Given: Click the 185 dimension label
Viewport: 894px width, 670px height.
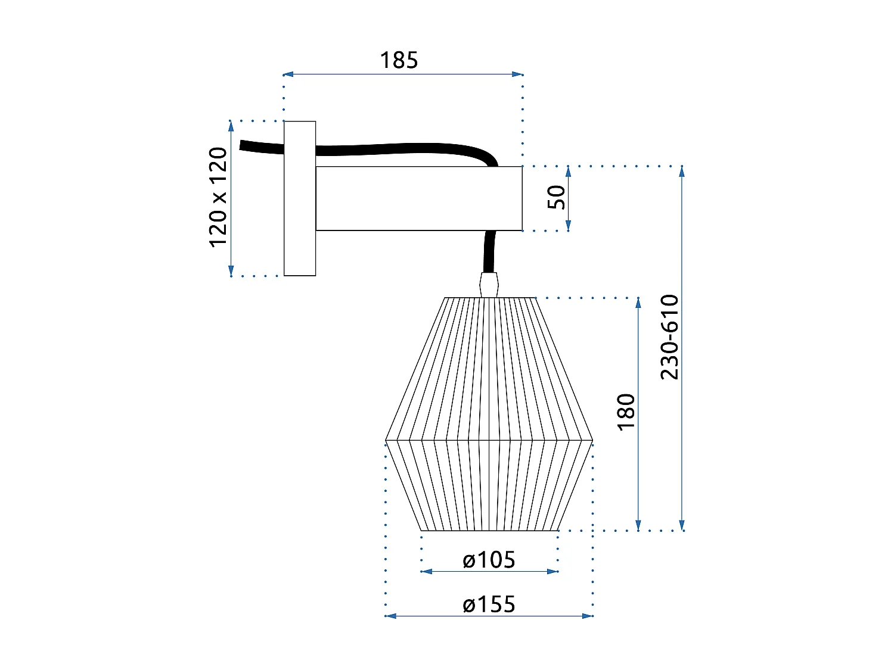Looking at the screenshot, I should (x=399, y=60).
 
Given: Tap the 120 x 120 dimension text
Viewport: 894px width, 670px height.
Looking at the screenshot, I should (x=218, y=197).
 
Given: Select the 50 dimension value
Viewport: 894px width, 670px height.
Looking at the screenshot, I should (x=556, y=197).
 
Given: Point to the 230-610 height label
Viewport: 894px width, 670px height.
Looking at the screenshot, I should (x=669, y=337).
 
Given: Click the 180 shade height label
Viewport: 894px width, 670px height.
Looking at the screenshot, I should (x=626, y=412).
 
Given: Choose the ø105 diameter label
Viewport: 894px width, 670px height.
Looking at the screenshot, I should (x=489, y=560).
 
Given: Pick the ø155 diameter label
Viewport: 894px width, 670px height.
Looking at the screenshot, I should (x=489, y=604).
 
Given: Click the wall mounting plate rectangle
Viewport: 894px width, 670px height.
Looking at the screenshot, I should (x=299, y=198).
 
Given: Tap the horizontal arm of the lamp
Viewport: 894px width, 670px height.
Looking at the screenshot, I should (x=418, y=198).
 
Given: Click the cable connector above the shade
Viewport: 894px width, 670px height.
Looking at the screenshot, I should (x=489, y=284).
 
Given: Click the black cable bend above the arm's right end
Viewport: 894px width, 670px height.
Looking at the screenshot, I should (x=486, y=157).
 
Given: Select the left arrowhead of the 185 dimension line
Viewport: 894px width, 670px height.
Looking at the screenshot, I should (x=287, y=74).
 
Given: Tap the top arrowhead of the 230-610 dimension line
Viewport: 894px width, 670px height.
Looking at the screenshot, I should (x=682, y=171).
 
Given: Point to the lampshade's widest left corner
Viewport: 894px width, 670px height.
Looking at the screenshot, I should (x=386, y=440).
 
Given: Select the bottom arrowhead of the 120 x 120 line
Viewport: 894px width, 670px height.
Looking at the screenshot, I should (x=231, y=272).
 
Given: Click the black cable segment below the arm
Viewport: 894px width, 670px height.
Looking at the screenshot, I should (x=490, y=251).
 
